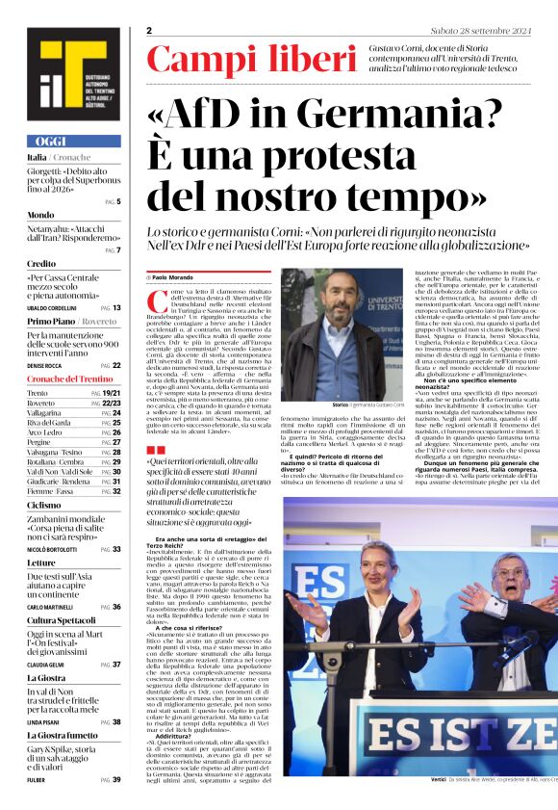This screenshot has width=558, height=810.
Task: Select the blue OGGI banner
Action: [x=74, y=141]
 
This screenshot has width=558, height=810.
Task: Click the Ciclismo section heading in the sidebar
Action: [x=44, y=504]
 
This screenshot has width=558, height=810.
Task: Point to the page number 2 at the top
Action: [x=150, y=30]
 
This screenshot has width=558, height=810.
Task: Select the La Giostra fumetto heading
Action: [x=63, y=735]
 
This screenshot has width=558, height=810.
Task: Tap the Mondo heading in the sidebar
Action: [x=41, y=214]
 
